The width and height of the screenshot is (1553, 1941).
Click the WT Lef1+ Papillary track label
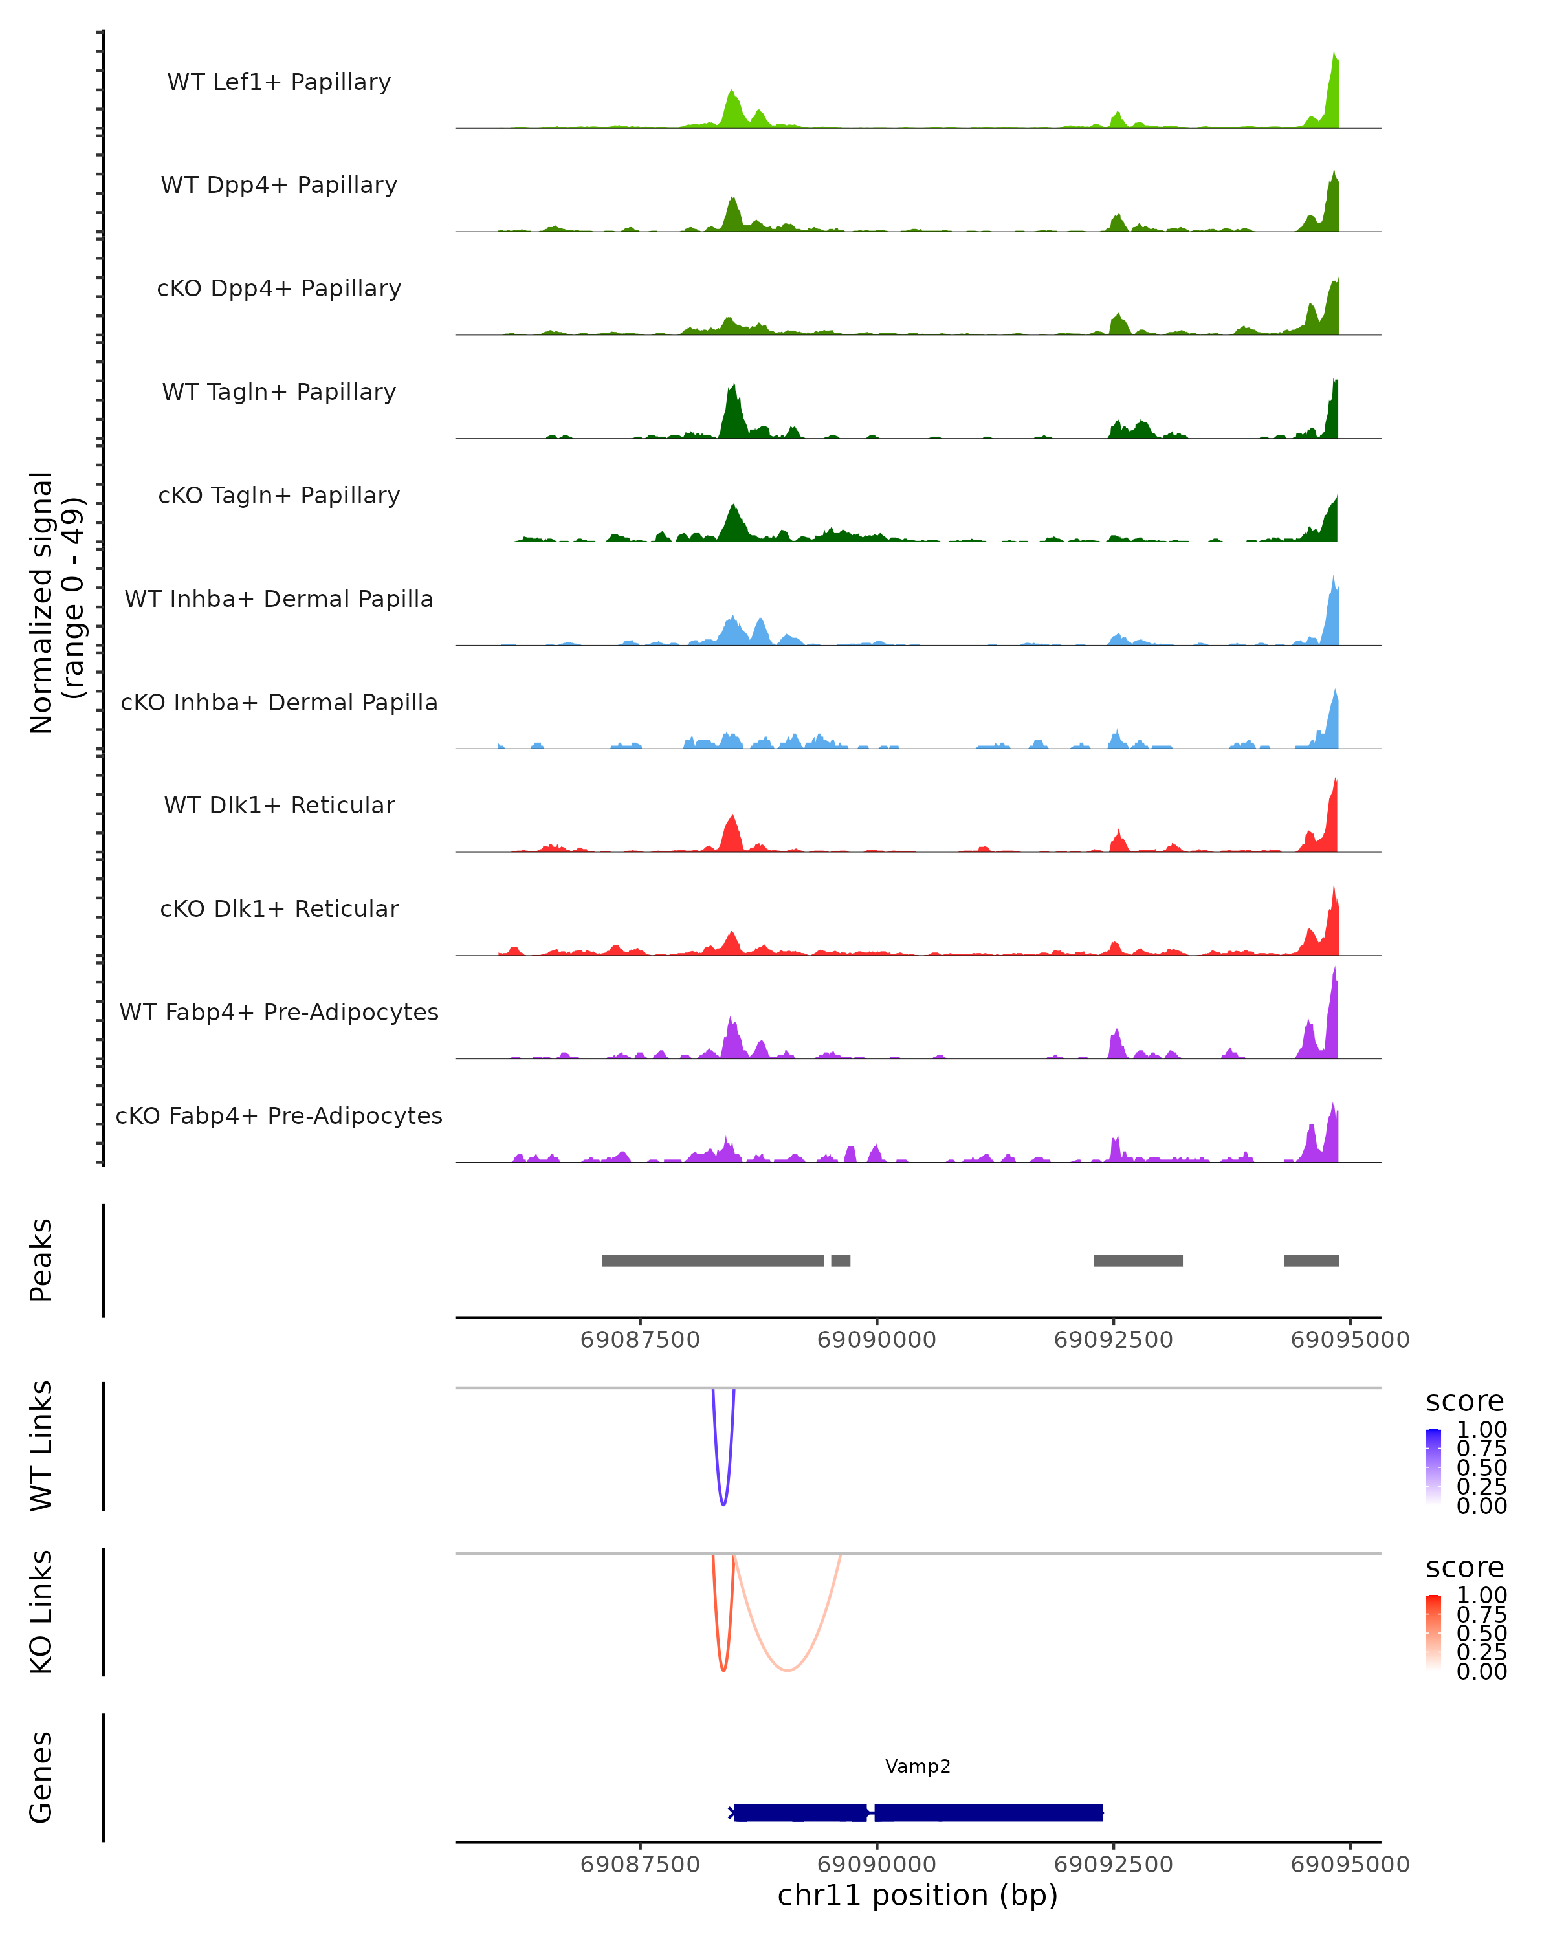[x=279, y=82]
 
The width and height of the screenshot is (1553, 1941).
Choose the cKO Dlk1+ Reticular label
[x=279, y=908]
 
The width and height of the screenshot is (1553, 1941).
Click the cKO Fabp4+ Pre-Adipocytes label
[x=279, y=1115]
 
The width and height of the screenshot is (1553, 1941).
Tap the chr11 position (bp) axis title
[x=918, y=1895]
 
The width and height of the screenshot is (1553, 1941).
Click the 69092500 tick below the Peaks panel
[x=1113, y=1340]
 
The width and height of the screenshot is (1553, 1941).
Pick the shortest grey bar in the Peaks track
[x=840, y=1260]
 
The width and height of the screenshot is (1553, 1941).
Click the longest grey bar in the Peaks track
[x=712, y=1260]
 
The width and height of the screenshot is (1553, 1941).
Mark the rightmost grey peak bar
[x=1311, y=1260]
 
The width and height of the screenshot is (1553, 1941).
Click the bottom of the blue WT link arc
[x=723, y=1504]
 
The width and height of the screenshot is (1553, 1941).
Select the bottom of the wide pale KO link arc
[x=787, y=1670]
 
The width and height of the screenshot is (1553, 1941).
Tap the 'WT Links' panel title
[x=41, y=1446]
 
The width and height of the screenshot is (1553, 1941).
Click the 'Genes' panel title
[x=41, y=1777]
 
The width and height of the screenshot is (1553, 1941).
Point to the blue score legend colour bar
[x=1433, y=1467]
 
